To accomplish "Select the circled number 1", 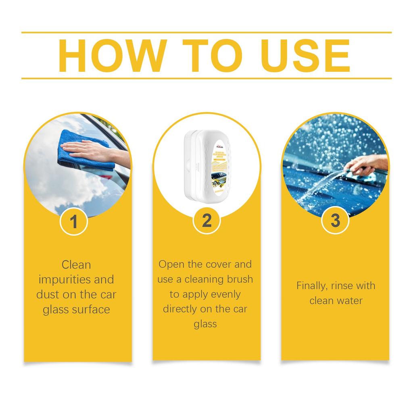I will point(74,221).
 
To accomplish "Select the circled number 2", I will point(206,221).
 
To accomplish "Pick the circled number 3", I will point(335,221).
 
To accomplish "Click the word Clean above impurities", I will point(76,265).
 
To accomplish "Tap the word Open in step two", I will point(169,265).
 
